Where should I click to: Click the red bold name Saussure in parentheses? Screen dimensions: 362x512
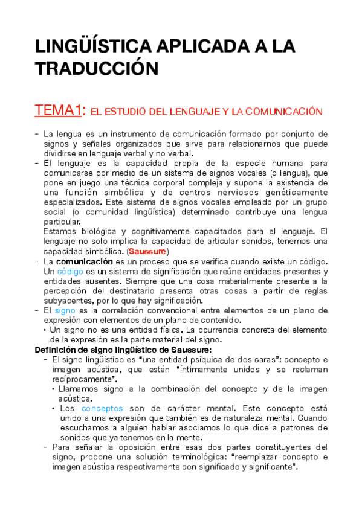[x=147, y=251]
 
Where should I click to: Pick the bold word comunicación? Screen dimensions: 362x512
[x=85, y=261]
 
